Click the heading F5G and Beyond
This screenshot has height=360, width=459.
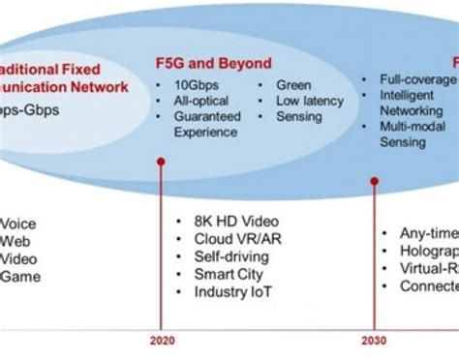213,64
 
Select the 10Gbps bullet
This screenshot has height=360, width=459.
197,84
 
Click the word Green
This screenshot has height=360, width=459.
293,84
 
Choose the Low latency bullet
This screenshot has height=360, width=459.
309,101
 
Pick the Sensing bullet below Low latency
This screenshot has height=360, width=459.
299,116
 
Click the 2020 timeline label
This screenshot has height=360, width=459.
163,340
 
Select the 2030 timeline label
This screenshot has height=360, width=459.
374,340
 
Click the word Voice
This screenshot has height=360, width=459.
20,222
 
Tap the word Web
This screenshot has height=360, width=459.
15,240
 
